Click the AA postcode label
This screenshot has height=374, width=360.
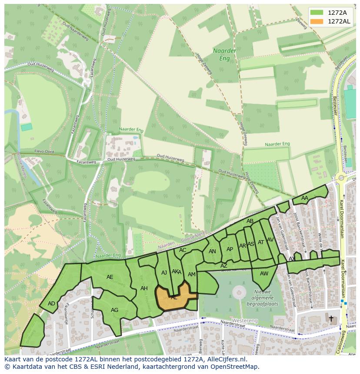pyautogui.click(x=305, y=198)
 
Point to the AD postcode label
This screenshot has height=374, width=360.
pyautogui.click(x=51, y=304)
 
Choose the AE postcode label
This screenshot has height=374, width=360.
pyautogui.click(x=110, y=277)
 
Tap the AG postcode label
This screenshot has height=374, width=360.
pyautogui.click(x=114, y=310)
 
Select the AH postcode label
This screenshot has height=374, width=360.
pyautogui.click(x=144, y=288)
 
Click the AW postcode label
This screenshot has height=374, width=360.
pyautogui.click(x=264, y=274)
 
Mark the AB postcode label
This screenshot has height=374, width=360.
pyautogui.click(x=250, y=221)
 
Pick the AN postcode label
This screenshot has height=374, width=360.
pyautogui.click(x=212, y=252)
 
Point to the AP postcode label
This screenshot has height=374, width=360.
pyautogui.click(x=230, y=249)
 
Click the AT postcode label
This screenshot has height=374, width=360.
pyautogui.click(x=261, y=242)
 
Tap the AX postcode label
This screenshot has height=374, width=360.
pyautogui.click(x=292, y=259)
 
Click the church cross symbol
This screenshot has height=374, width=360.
pyautogui.click(x=331, y=318)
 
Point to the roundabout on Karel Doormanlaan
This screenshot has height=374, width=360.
pyautogui.click(x=341, y=178)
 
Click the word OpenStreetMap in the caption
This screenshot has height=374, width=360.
pyautogui.click(x=234, y=367)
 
